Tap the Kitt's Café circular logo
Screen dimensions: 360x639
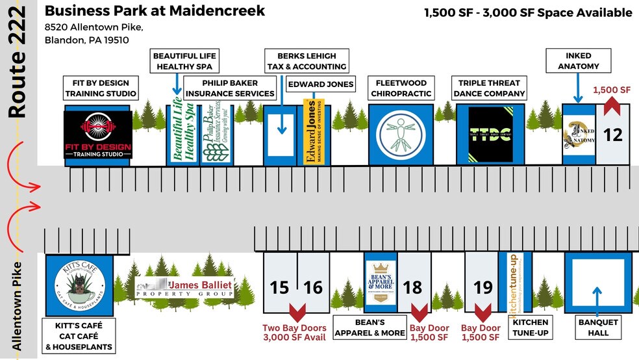(80, 286)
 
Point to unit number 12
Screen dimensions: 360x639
(612, 135)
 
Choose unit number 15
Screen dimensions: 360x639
(279, 287)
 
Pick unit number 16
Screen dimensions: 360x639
(312, 287)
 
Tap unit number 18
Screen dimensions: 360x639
(414, 287)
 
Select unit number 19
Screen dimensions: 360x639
(482, 287)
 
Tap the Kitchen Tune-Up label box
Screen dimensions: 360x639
(530, 327)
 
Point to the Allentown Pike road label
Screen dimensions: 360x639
(18, 305)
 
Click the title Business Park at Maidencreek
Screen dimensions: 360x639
(155, 11)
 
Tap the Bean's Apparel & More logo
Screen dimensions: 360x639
(380, 281)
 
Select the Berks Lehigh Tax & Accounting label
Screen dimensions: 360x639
(307, 61)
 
